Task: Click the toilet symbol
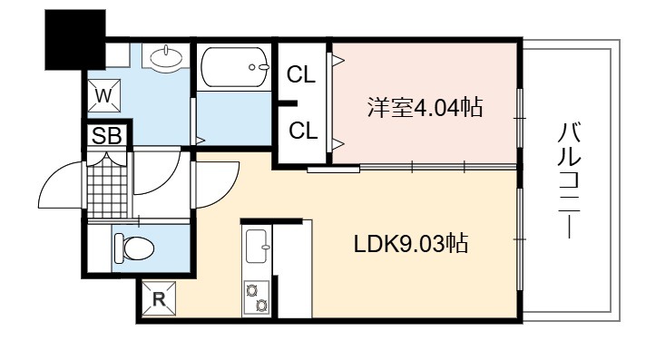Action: point(133,248)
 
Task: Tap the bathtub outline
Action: point(234,67)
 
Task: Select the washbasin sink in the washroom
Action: point(166,58)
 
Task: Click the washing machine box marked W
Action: point(104,95)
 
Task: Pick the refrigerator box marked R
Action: point(159,298)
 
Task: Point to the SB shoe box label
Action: point(107,135)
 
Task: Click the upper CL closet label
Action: point(301,74)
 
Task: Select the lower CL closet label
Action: point(303,131)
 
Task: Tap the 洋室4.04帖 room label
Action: point(425,107)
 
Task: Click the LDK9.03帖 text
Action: point(411,243)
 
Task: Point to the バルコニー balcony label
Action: point(570,180)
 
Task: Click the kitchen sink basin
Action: point(257,246)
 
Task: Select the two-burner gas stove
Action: point(256,297)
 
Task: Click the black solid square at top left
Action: point(75,40)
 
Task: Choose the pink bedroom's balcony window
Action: point(520,118)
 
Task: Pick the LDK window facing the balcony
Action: point(520,239)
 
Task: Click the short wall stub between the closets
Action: point(288,103)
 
